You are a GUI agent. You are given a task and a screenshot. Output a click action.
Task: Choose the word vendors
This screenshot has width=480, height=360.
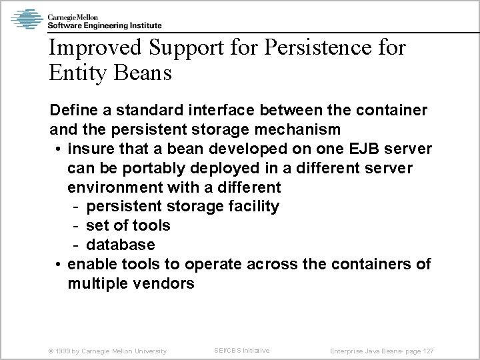pos(163,283)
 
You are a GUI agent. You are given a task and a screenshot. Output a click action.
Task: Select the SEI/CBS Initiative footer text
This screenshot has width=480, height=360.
pos(241,350)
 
